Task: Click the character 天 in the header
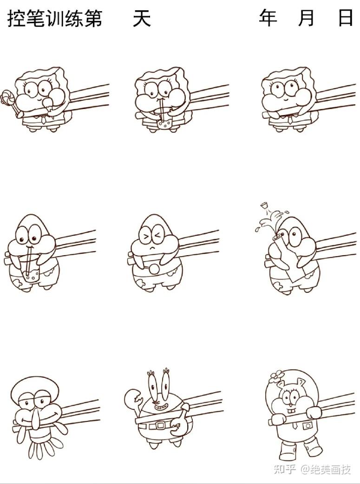click(x=142, y=18)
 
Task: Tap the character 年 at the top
click(x=268, y=18)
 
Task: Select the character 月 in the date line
click(x=306, y=18)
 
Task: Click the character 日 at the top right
click(x=346, y=18)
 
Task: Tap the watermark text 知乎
click(x=284, y=470)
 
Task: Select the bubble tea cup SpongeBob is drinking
click(x=164, y=123)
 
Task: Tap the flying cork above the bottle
click(x=264, y=205)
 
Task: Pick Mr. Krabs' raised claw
click(x=133, y=399)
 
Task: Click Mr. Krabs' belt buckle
click(x=160, y=426)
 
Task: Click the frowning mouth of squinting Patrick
click(x=152, y=248)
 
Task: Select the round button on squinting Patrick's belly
click(x=154, y=269)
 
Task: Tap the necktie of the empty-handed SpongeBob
click(x=290, y=119)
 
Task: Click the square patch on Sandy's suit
click(x=307, y=426)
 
